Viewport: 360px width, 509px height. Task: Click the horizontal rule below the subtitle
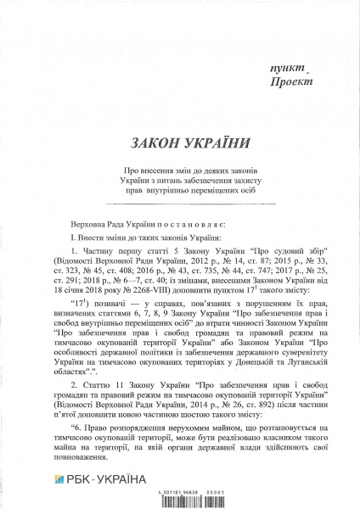click(x=179, y=204)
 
